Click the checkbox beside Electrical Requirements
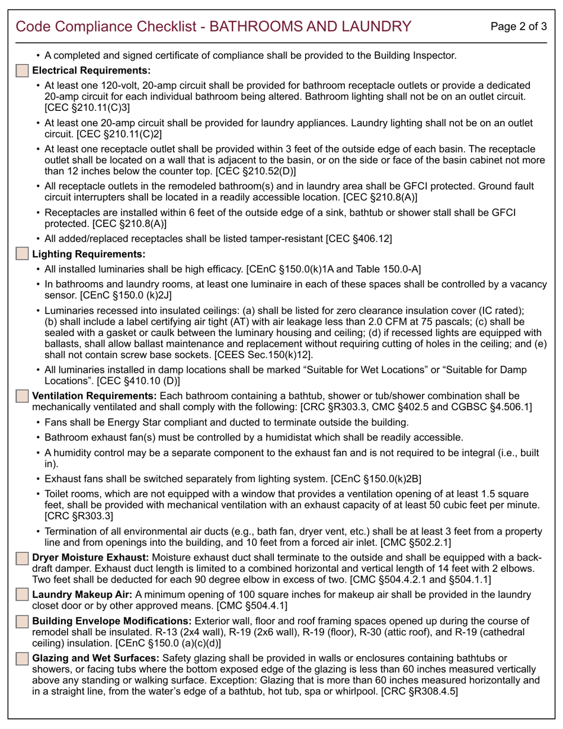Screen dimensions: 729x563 [22, 71]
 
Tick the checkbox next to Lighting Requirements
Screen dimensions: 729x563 [22, 254]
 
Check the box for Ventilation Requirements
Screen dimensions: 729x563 [22, 395]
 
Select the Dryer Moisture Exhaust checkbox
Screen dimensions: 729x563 [22, 558]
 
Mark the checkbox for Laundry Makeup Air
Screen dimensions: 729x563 [22, 594]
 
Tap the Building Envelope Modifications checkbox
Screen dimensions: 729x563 [22, 621]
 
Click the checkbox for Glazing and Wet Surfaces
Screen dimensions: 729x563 [22, 658]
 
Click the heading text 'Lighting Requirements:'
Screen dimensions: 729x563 [88, 254]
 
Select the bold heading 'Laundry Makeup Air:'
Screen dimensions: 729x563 [82, 594]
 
